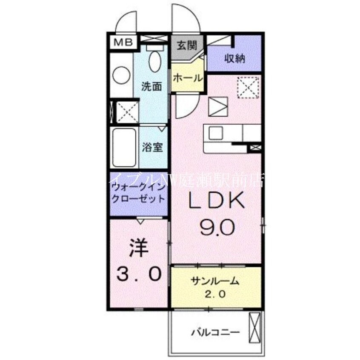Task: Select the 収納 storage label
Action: coord(235,59)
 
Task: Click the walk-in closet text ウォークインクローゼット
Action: coord(137,193)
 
